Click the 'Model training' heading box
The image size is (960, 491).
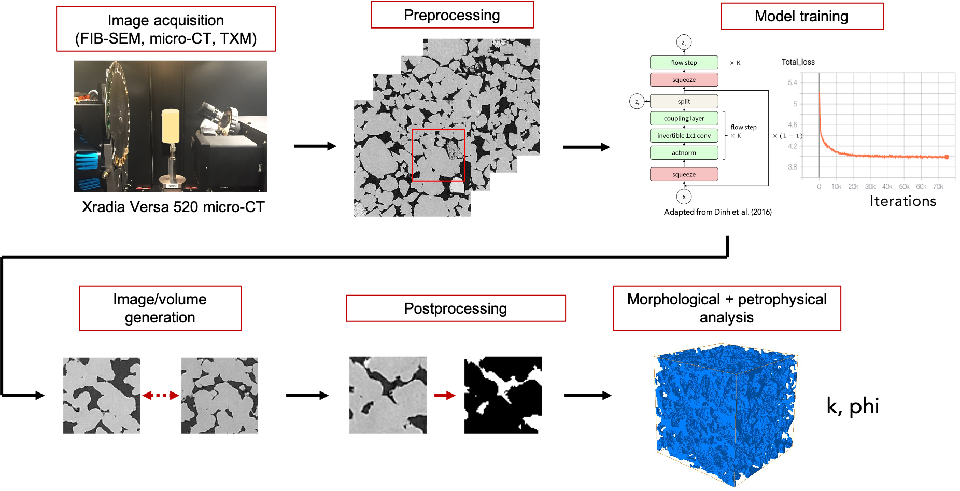801,16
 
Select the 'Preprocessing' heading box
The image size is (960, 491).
451,15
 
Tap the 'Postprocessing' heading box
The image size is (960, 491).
455,308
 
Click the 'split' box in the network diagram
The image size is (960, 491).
684,101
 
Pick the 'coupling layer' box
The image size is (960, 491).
684,118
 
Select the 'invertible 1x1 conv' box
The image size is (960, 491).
684,135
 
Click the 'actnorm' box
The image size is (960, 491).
684,152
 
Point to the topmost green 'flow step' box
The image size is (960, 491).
684,62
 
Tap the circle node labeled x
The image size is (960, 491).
684,197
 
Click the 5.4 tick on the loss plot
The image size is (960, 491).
792,82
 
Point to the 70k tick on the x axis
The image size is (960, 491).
938,187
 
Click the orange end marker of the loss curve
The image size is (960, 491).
947,157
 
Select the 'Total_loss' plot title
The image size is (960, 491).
798,62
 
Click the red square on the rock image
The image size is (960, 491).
438,156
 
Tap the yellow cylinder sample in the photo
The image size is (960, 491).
171,126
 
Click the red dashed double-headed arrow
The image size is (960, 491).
160,395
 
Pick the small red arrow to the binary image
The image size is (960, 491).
444,395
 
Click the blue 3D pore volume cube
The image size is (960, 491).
726,415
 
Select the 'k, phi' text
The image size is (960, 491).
852,406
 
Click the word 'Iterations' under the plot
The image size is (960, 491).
902,201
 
